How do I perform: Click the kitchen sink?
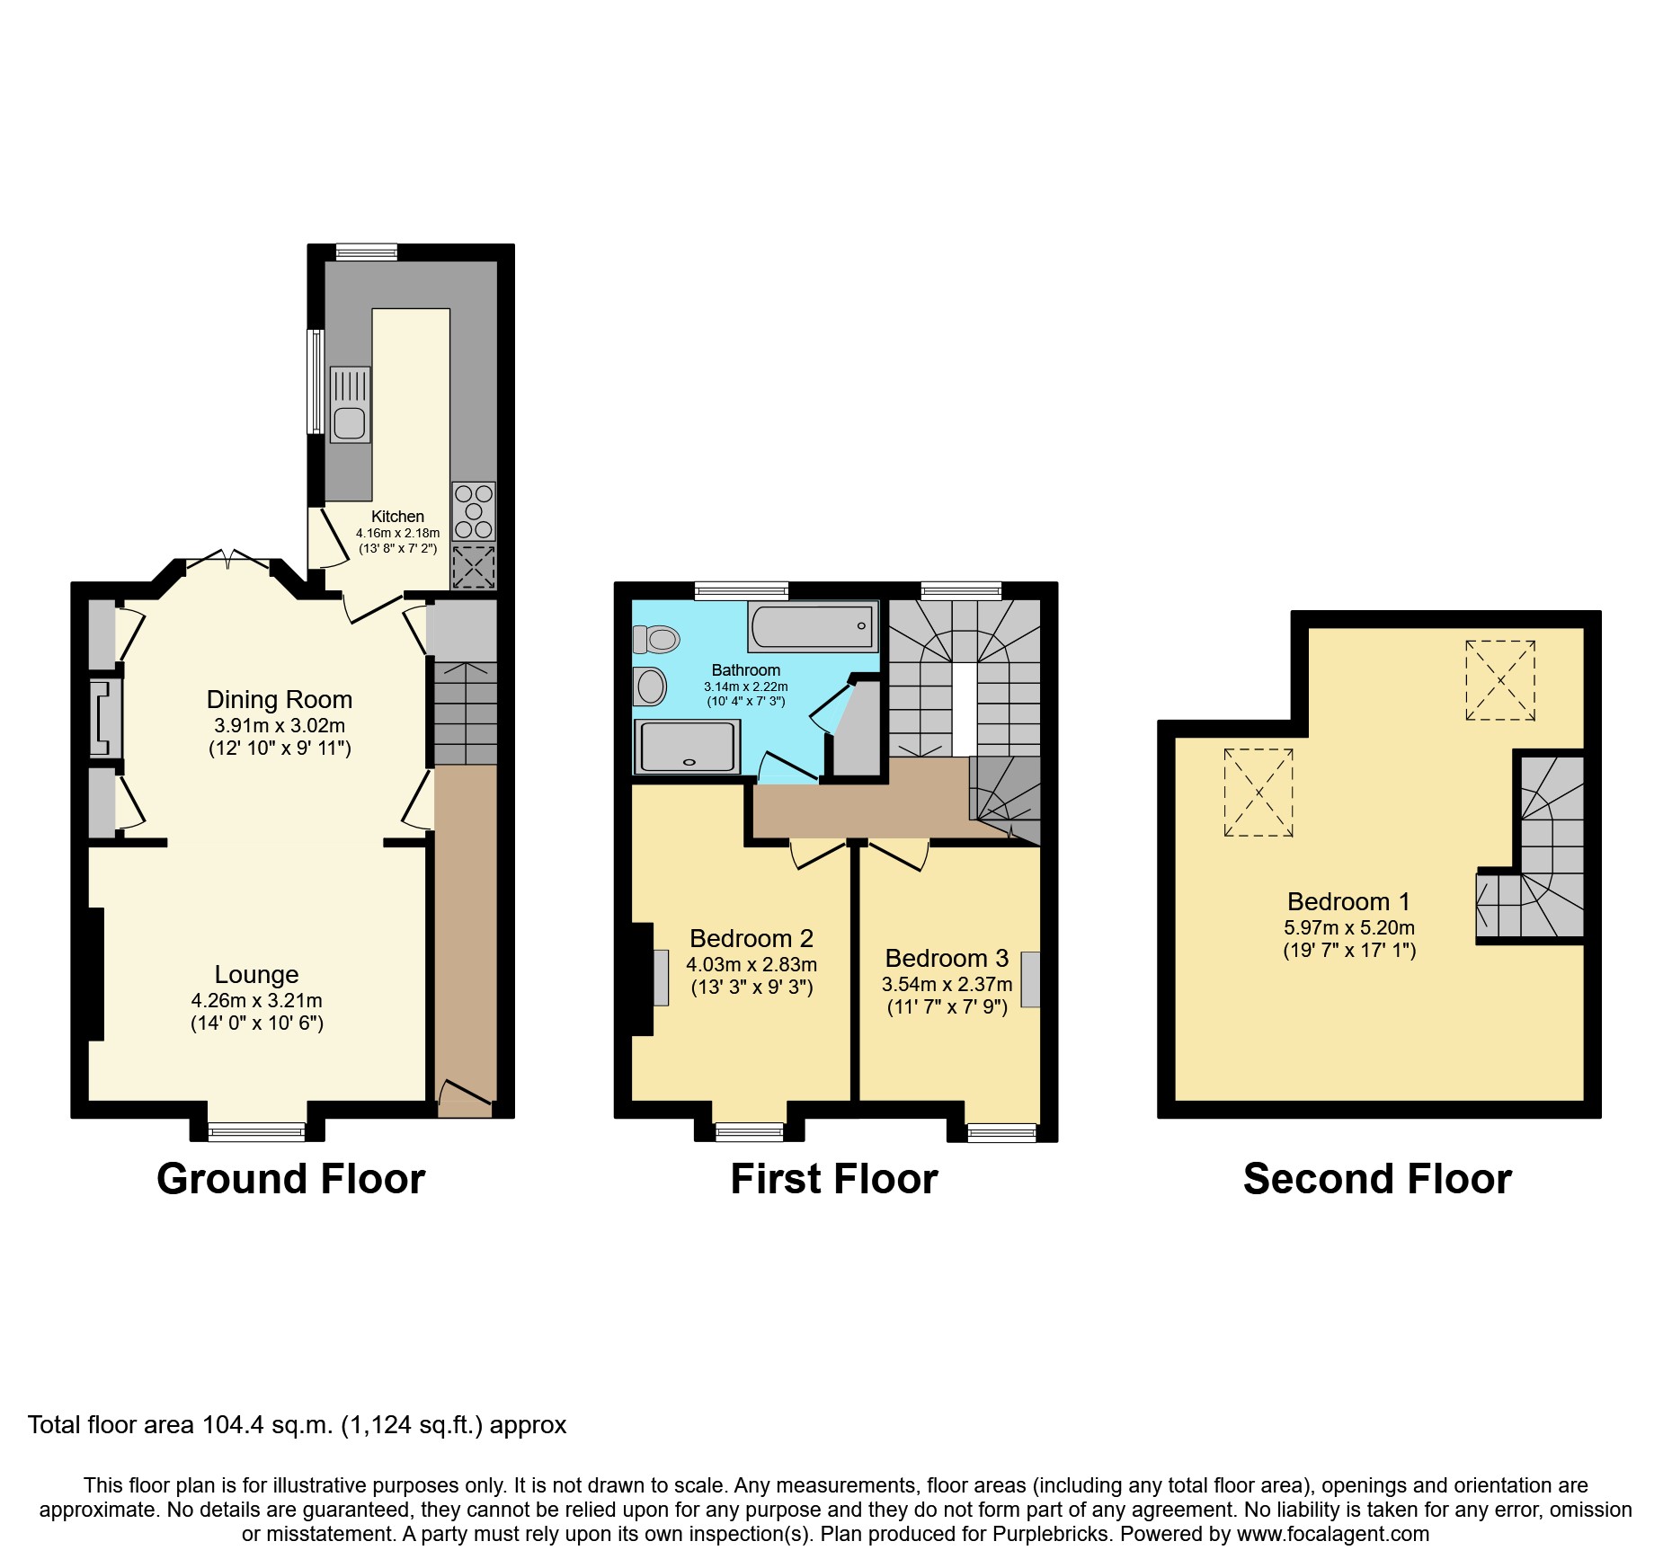(x=350, y=405)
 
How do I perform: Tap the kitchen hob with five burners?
(x=474, y=511)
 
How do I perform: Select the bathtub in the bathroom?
(x=812, y=626)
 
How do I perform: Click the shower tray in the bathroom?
(x=687, y=747)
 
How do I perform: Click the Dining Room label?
(x=280, y=700)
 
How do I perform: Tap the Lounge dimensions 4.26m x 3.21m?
(x=256, y=1000)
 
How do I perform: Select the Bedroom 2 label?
(x=752, y=939)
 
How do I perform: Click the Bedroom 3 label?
(x=947, y=959)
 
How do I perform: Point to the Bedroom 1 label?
(x=1348, y=902)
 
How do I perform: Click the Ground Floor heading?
(x=290, y=1179)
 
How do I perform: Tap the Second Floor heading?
(x=1377, y=1179)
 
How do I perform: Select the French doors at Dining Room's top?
(x=227, y=560)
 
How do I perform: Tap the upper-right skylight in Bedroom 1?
(x=1499, y=680)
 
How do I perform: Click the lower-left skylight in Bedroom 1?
(x=1258, y=793)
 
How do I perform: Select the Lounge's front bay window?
(x=257, y=1132)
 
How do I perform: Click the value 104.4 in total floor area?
(x=231, y=1425)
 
